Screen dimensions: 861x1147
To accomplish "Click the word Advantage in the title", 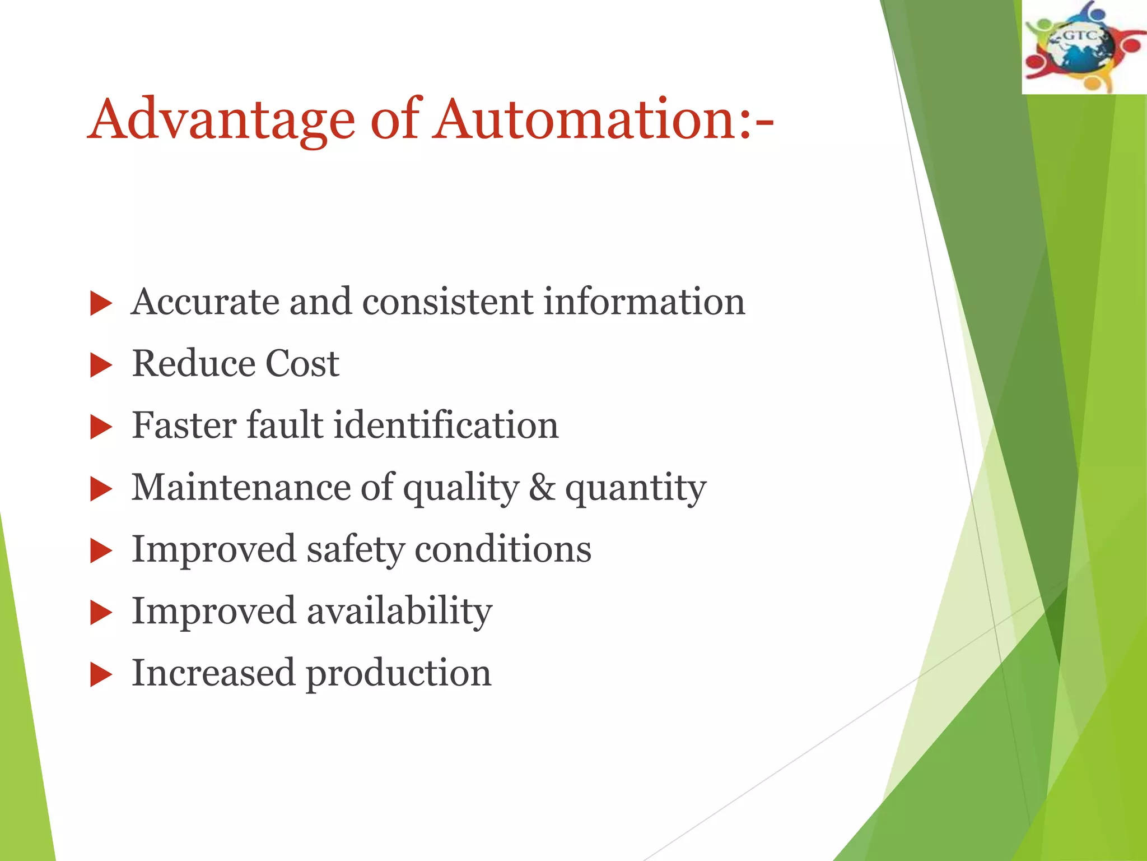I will coord(222,120).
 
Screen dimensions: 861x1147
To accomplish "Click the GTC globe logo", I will coord(1084,47).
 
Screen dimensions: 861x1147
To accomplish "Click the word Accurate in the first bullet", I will coord(204,302).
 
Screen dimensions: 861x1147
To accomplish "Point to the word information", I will coord(644,302).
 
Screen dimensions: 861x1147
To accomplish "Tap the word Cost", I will coord(302,363).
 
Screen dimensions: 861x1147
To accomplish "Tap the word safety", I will coord(355,549).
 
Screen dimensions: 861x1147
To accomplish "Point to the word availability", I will coord(399,610).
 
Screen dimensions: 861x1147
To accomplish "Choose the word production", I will coord(398,673).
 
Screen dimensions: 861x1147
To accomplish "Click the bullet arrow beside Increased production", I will coord(101,675).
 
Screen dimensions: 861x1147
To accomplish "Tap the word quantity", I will coord(635,488).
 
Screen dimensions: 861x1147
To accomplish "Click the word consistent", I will coord(448,302).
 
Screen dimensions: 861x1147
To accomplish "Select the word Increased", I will coord(213,672).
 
